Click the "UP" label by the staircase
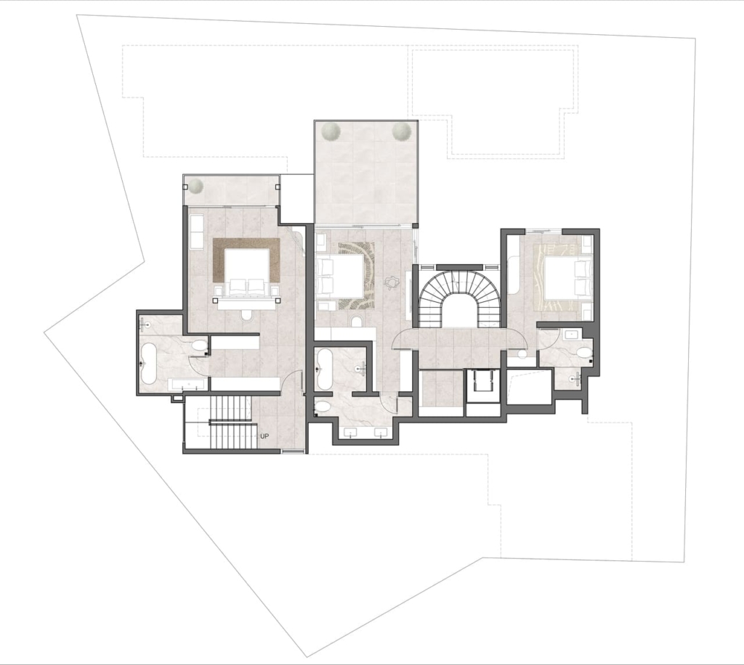click(264, 436)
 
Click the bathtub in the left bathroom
click(149, 364)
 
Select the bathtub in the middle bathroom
click(323, 370)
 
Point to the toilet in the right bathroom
click(583, 352)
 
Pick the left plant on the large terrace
click(330, 131)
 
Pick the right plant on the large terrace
click(401, 131)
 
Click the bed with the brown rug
click(246, 273)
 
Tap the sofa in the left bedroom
click(195, 232)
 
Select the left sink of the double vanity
click(352, 432)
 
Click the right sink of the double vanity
click(381, 432)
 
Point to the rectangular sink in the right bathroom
click(571, 335)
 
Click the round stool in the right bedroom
click(522, 354)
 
